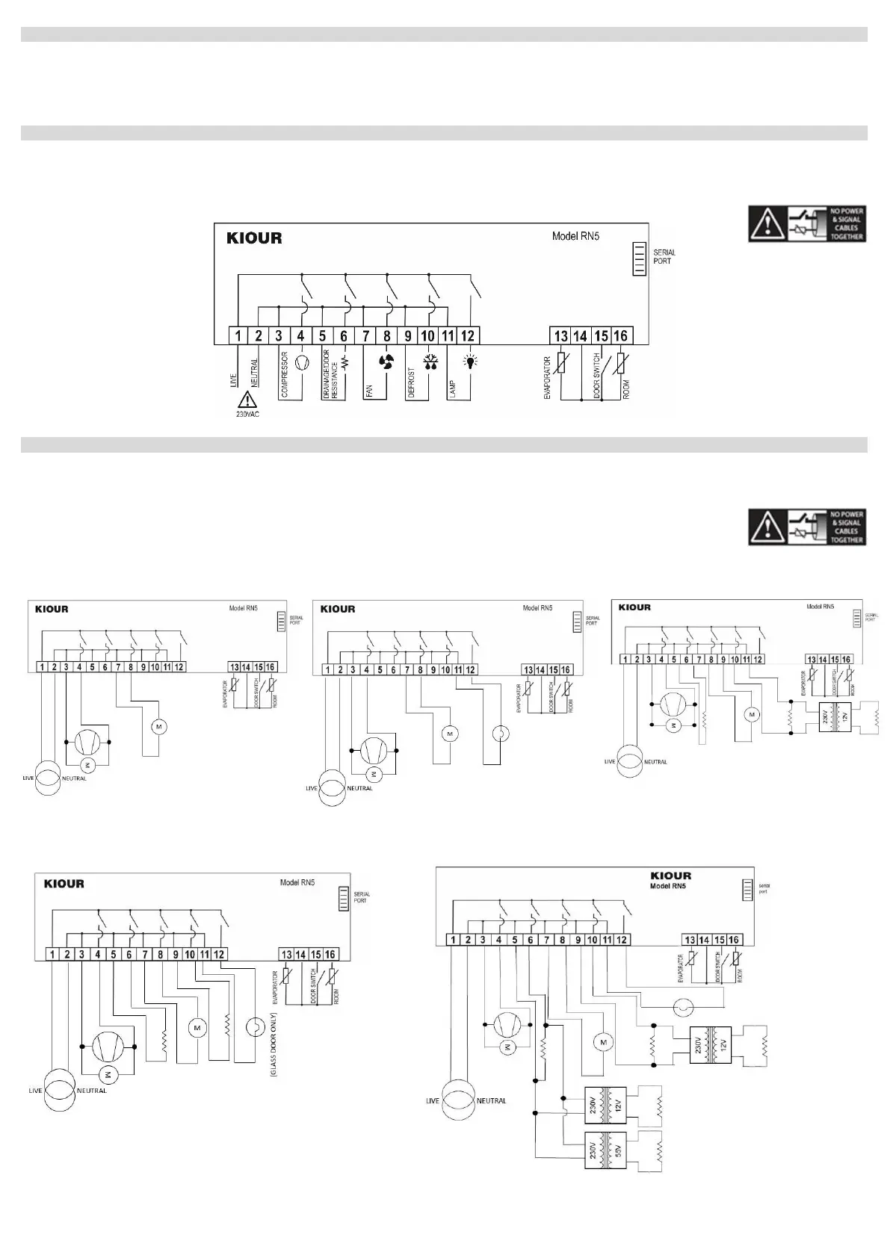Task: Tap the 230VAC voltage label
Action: pyautogui.click(x=247, y=415)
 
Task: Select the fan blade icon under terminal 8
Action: pyautogui.click(x=386, y=362)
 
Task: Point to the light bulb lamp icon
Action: pyautogui.click(x=469, y=362)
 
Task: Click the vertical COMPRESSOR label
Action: pyautogui.click(x=285, y=374)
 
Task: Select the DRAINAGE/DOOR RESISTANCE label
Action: pyautogui.click(x=330, y=374)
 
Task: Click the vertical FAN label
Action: pyautogui.click(x=369, y=388)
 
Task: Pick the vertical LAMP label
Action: pyautogui.click(x=453, y=388)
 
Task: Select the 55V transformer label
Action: pyautogui.click(x=618, y=1150)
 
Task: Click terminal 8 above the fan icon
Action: pyautogui.click(x=386, y=336)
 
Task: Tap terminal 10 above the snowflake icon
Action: pyautogui.click(x=427, y=336)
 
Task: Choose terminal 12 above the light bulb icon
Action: pyautogui.click(x=468, y=336)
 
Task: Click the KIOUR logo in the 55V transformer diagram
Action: pyautogui.click(x=670, y=876)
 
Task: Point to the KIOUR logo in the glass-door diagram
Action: pyautogui.click(x=64, y=884)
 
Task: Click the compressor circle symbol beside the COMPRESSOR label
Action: pyautogui.click(x=302, y=362)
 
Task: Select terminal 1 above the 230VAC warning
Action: pyautogui.click(x=238, y=336)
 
